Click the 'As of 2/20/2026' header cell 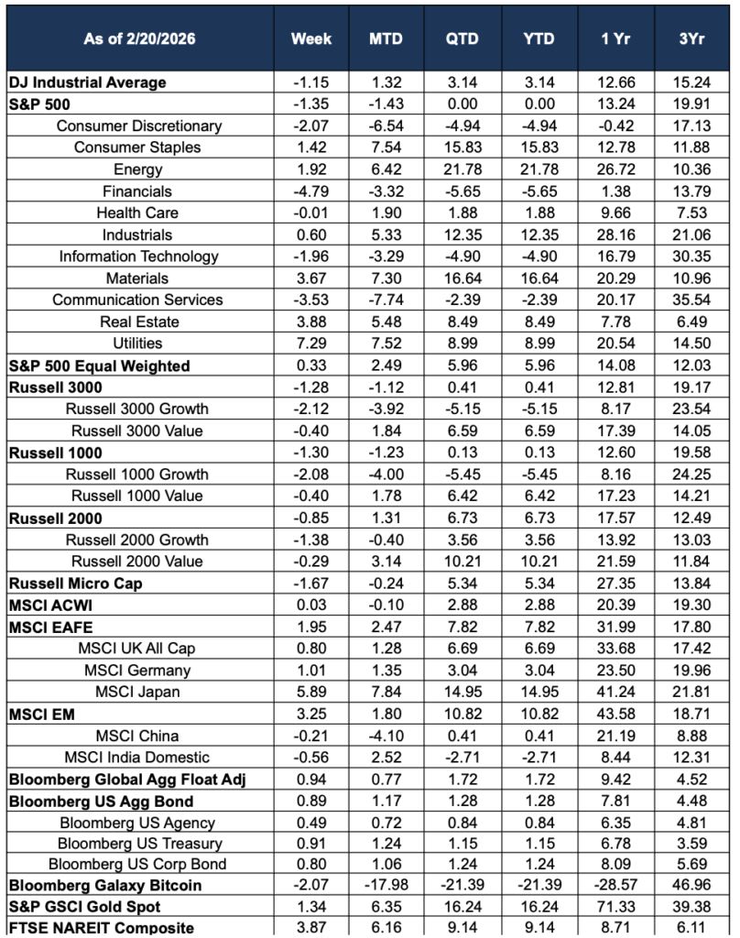click(x=139, y=39)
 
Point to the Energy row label click(x=138, y=169)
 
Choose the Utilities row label click(x=138, y=344)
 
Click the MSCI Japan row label click(x=138, y=692)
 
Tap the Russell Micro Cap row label click(x=75, y=583)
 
